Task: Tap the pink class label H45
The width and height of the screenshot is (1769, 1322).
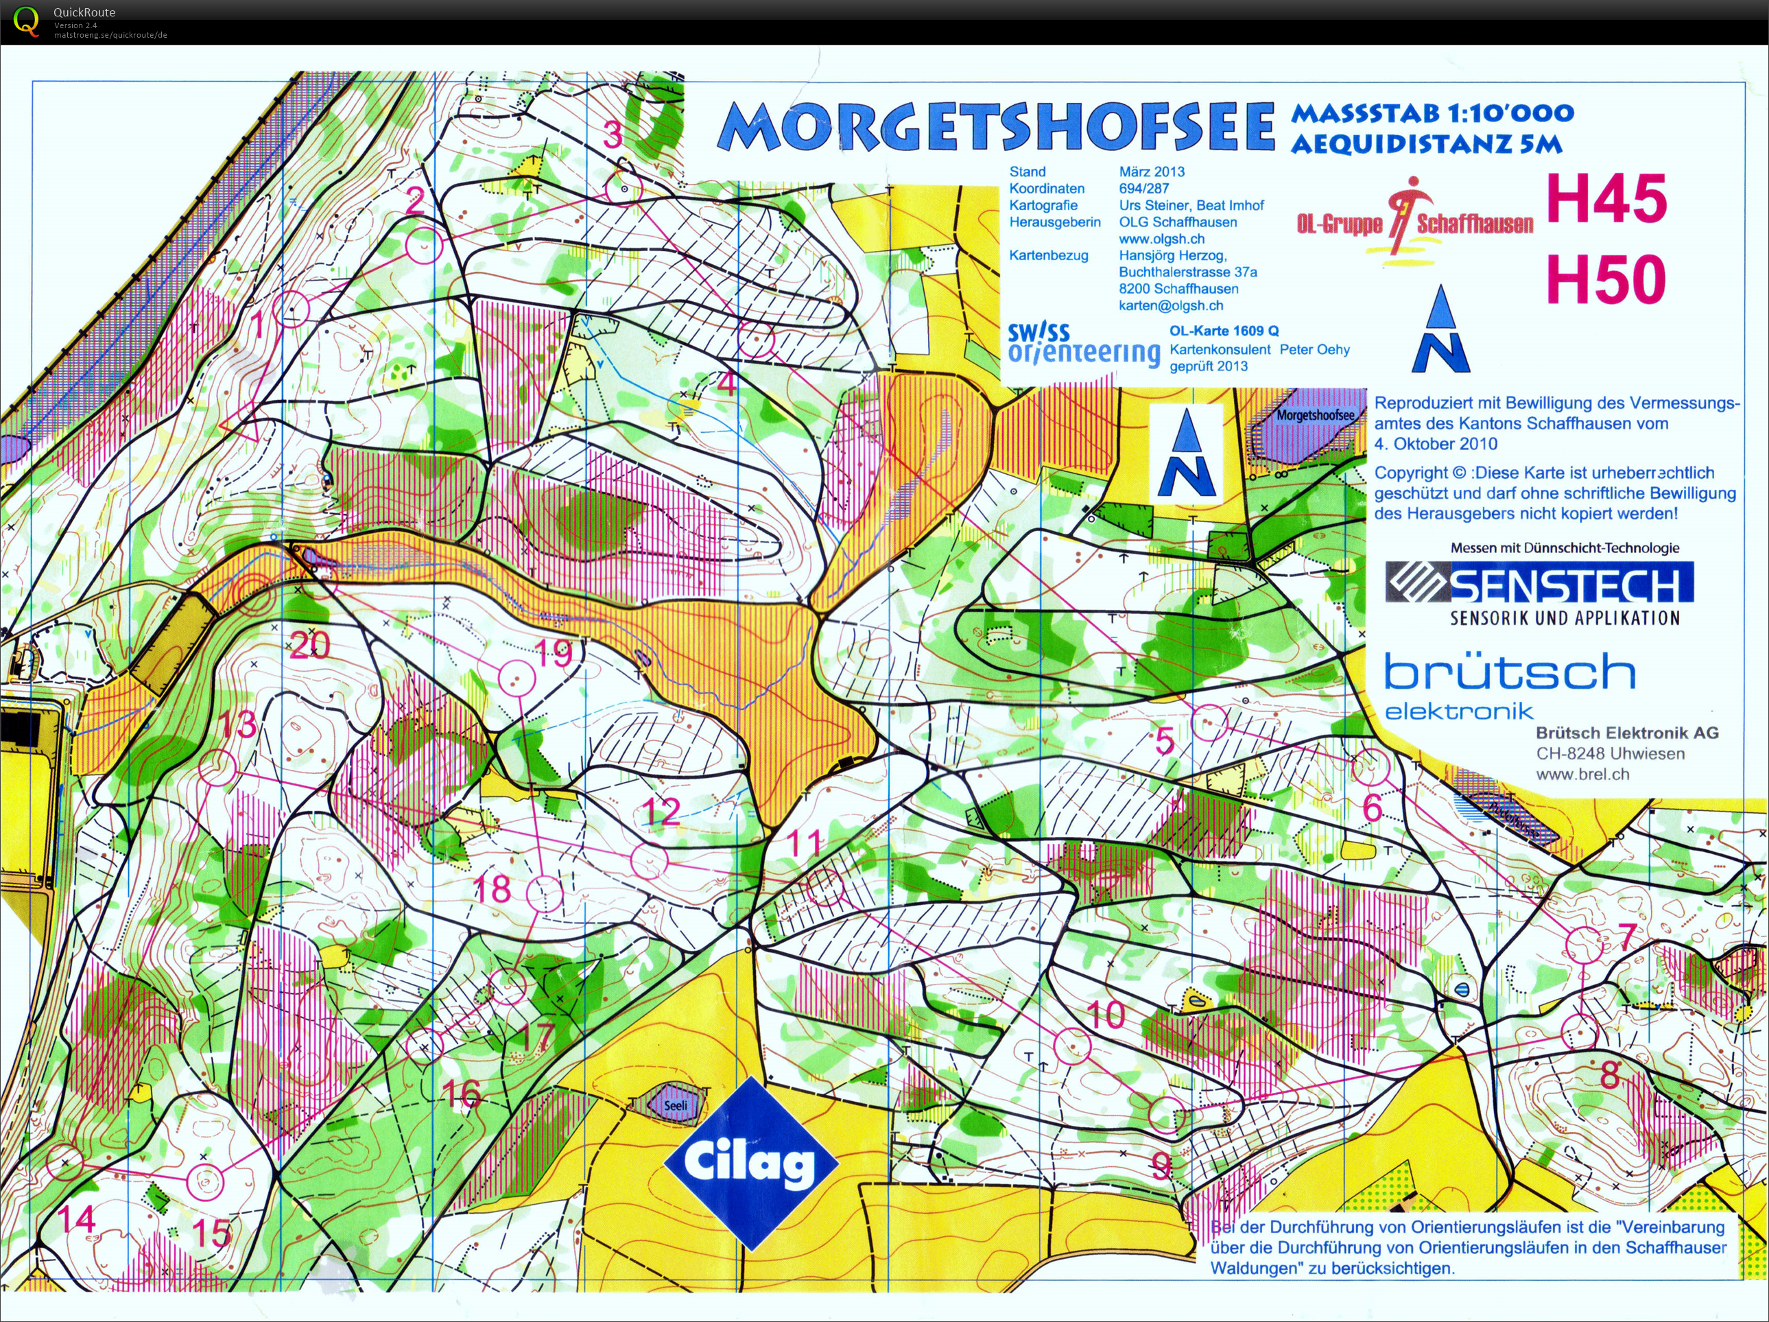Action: (x=1606, y=199)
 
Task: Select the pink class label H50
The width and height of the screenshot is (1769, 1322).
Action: (x=1606, y=279)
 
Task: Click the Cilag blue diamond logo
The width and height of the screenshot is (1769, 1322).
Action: (x=750, y=1163)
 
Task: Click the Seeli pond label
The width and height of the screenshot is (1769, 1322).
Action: (x=676, y=1105)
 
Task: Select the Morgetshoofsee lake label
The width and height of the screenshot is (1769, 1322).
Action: (x=1315, y=416)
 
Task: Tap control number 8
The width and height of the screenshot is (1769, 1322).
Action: (x=1609, y=1074)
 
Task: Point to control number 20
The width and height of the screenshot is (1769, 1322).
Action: (x=309, y=645)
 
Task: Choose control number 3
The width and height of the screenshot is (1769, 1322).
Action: (x=613, y=134)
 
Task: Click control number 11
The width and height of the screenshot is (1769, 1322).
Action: (x=804, y=842)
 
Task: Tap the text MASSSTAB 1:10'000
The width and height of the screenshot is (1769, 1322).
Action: (x=1432, y=113)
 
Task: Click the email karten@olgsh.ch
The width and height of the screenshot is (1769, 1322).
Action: (x=1170, y=305)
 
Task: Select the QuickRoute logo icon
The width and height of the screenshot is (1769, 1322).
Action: (x=25, y=21)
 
